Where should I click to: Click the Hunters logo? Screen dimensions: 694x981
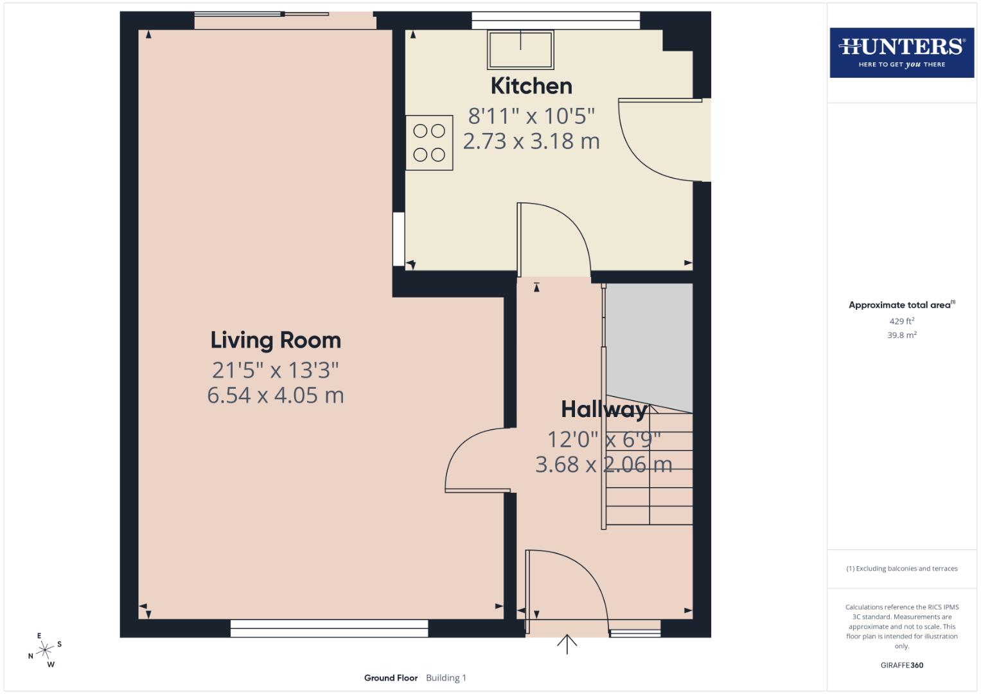[901, 52]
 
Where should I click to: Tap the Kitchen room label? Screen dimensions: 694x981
[531, 86]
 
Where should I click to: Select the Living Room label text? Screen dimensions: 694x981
[276, 340]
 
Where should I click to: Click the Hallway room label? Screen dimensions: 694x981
[603, 409]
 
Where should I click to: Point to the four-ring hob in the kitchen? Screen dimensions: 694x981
[429, 143]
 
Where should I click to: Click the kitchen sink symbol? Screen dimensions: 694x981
[520, 49]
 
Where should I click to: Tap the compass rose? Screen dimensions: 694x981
[45, 650]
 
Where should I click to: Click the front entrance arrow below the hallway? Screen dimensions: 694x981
[567, 644]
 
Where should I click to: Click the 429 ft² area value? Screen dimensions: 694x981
[901, 321]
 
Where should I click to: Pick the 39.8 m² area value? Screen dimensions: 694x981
[901, 335]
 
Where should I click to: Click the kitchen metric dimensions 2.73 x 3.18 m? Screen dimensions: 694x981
[531, 141]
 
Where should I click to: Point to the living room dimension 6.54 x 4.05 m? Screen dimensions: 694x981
[276, 395]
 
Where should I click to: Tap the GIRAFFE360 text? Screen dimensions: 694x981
[901, 665]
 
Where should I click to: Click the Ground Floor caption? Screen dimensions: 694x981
[391, 678]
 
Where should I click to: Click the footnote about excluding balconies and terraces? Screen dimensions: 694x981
[901, 569]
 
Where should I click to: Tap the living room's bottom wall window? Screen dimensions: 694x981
[329, 628]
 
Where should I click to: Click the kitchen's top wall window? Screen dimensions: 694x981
[556, 21]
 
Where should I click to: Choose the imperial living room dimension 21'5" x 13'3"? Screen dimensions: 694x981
[276, 370]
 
